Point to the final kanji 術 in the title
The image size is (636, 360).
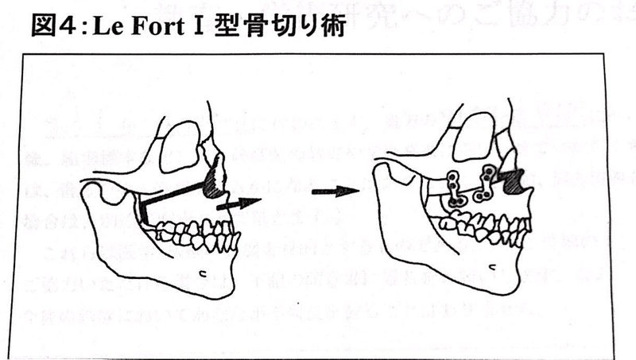pyautogui.click(x=333, y=25)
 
